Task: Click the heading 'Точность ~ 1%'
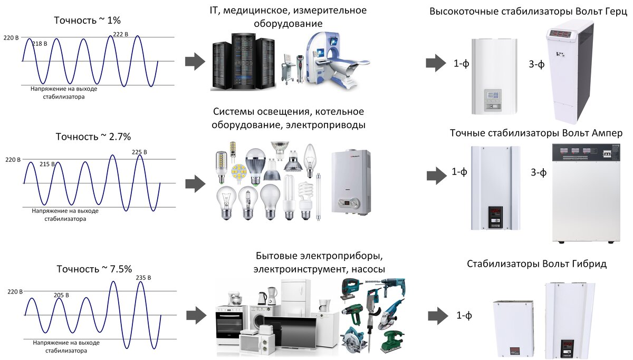[88, 21]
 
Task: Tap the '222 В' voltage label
[120, 35]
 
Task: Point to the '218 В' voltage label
[40, 44]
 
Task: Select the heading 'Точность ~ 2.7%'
[93, 137]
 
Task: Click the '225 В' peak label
[140, 152]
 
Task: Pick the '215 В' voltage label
[47, 164]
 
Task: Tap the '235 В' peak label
[143, 278]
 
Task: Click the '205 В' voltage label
[62, 295]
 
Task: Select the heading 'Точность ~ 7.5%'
[93, 269]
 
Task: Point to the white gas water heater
[350, 182]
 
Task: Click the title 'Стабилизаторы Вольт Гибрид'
[536, 264]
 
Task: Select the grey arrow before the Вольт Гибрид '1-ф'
[436, 316]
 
